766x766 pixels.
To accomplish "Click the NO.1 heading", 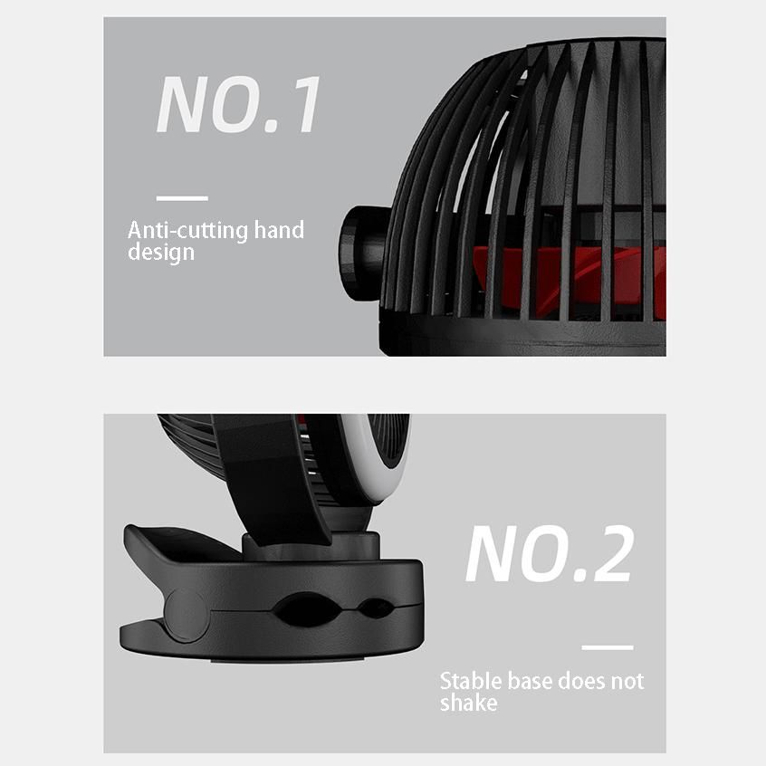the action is pos(238,104).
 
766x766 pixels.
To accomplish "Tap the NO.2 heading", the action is pos(551,553).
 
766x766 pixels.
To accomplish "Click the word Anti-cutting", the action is pos(188,231).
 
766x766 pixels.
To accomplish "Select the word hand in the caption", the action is pos(279,230).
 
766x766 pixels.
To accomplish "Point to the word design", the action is pos(161,253).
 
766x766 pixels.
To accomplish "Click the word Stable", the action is pos(471,681).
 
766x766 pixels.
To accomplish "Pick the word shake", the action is pos(468,703).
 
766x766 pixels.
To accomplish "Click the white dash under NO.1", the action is pos(182,198).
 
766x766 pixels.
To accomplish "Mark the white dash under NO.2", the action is pos(608,647).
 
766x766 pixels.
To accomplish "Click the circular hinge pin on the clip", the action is pos(187,616).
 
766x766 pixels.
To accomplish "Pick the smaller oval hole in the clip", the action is pos(375,608).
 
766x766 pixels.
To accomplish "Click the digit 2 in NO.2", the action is pos(613,553).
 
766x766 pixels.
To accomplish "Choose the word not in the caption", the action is pos(627,682).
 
